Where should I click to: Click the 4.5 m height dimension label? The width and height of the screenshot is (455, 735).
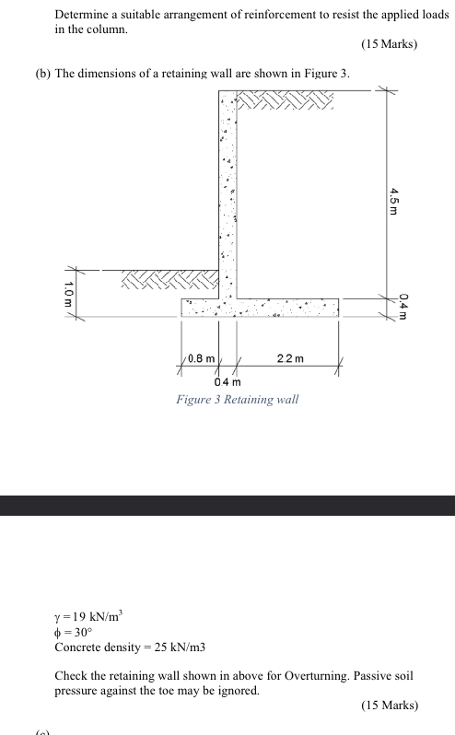(393, 200)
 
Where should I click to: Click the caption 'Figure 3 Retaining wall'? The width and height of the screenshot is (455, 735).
(238, 400)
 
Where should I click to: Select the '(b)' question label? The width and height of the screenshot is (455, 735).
(42, 72)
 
